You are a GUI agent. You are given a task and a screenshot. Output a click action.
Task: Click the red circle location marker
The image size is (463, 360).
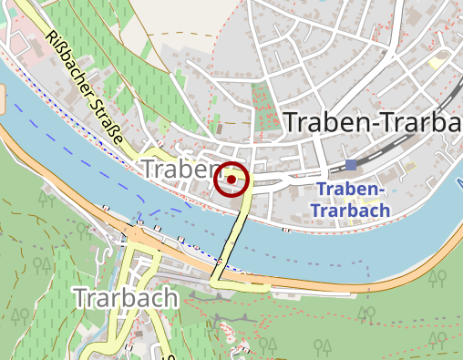click(x=232, y=180)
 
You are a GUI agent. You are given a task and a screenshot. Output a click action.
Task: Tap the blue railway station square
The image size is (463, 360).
click(x=351, y=165)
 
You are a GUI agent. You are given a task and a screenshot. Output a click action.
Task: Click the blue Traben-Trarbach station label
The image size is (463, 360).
click(x=350, y=200)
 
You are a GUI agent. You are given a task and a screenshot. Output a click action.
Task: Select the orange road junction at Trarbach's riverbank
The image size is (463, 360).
click(x=137, y=239)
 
